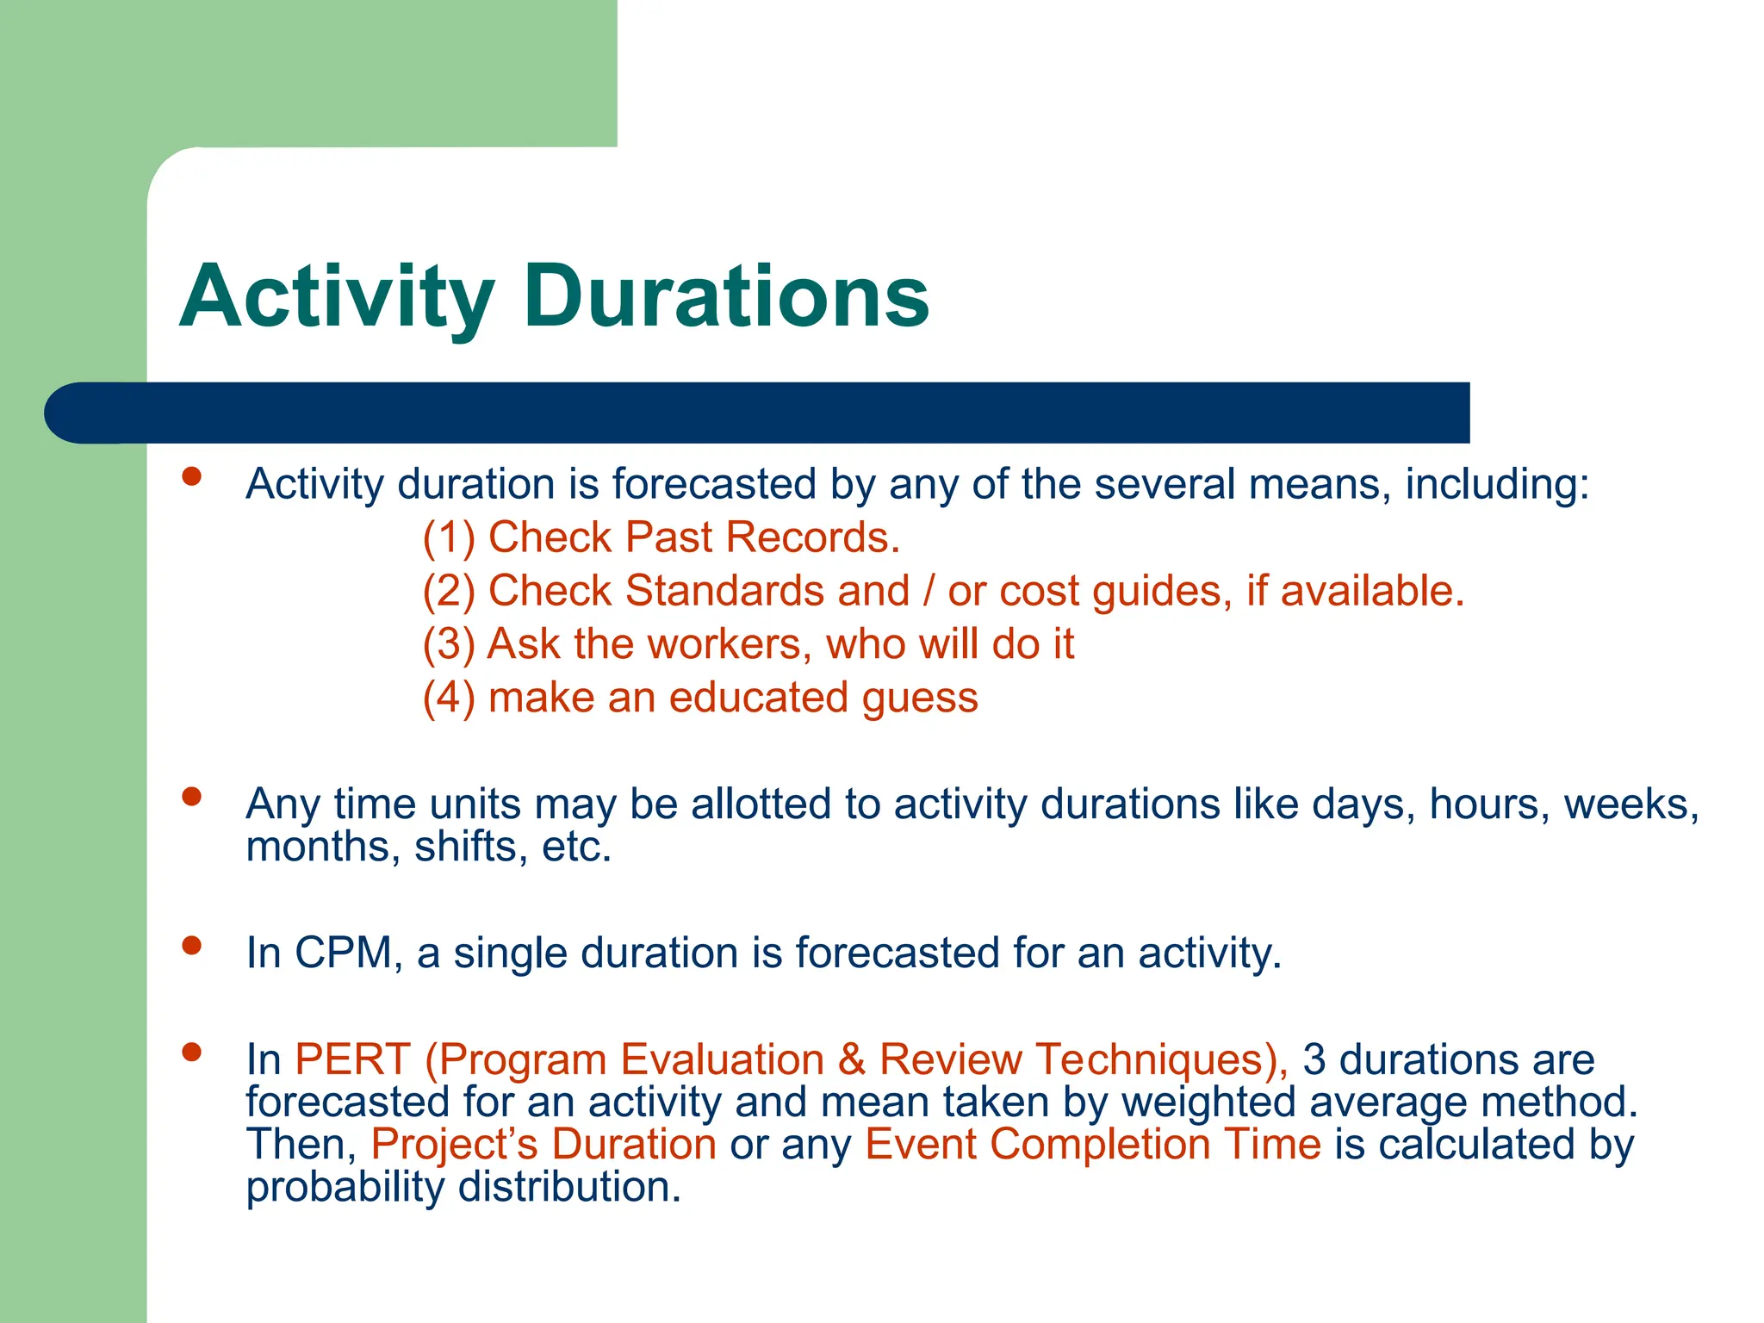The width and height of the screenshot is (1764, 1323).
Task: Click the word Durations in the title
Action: (725, 297)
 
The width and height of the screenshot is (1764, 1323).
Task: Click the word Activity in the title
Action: (336, 297)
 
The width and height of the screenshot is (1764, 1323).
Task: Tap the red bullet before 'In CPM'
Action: (191, 946)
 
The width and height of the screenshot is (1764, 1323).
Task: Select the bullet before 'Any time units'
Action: (191, 797)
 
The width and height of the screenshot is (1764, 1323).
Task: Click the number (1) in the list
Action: (449, 537)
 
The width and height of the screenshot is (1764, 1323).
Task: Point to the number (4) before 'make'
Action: (449, 698)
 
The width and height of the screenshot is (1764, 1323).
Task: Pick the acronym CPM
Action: (343, 953)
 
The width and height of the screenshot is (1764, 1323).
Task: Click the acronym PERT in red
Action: (352, 1059)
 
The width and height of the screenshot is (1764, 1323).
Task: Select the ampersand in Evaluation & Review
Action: (851, 1059)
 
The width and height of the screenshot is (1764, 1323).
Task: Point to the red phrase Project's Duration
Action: (543, 1145)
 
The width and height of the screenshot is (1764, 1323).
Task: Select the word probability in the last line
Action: (345, 1188)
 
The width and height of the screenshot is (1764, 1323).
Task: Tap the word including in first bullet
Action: (1496, 485)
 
